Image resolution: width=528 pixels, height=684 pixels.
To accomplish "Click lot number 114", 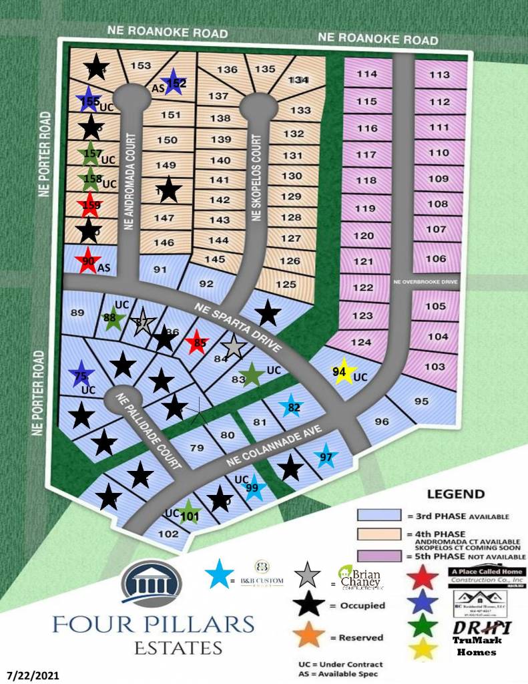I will click(366, 74).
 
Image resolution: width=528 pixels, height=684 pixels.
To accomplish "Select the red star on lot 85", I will click(197, 343).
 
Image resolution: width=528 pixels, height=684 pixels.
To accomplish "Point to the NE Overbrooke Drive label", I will click(425, 282).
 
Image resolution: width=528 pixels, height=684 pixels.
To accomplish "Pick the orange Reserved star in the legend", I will click(309, 636).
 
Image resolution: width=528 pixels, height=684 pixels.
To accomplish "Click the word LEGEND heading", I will click(456, 494).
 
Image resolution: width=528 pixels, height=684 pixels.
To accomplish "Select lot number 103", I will click(435, 367).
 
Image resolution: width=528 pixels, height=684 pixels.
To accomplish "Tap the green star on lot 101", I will click(190, 514).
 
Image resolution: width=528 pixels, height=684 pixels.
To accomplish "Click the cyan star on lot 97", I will click(326, 456).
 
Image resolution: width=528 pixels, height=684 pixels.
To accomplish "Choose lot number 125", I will click(286, 285).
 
